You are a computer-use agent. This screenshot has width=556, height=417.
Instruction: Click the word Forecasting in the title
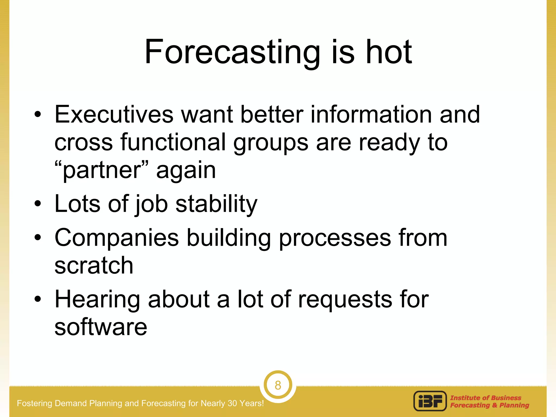click(x=232, y=52)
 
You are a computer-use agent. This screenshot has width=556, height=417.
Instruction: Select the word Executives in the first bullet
click(x=114, y=114)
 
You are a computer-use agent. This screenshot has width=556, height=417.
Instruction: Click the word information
click(x=371, y=114)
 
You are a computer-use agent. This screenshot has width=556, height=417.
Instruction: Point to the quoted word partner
click(x=102, y=170)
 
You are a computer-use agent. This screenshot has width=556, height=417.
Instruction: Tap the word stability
click(x=216, y=204)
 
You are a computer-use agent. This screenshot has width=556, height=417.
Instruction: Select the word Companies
click(x=117, y=238)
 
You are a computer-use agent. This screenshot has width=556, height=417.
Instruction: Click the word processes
click(x=335, y=238)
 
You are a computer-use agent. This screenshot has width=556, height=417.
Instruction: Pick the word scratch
click(x=94, y=265)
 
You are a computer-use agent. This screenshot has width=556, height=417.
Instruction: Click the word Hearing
click(x=97, y=300)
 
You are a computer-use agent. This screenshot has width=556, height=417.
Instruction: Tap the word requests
click(x=345, y=300)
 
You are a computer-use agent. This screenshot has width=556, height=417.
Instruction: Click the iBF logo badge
click(x=430, y=401)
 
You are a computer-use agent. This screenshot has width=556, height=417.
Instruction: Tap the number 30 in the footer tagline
click(x=232, y=403)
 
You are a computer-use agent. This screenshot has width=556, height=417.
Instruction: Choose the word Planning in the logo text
click(x=514, y=405)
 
